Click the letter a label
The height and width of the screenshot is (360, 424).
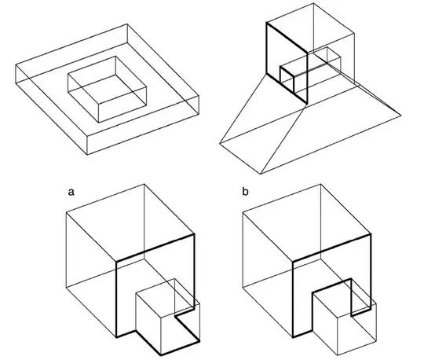point(71,192)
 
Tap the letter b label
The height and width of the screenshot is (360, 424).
point(245,192)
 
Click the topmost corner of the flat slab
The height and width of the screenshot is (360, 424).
point(127,24)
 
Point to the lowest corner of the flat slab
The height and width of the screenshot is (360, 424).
point(87,155)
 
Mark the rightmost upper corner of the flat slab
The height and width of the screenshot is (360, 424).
point(199,96)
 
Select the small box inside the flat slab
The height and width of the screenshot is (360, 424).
point(107,90)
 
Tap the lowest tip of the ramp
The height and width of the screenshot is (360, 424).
point(261,174)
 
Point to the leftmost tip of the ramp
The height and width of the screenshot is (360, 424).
point(220,143)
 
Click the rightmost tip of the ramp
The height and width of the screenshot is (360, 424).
point(401,116)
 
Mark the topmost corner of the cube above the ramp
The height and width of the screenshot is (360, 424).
point(313,3)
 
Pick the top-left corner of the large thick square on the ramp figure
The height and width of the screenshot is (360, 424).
point(267,23)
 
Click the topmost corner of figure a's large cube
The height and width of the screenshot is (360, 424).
point(144,184)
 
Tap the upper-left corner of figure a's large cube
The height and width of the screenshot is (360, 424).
point(66,213)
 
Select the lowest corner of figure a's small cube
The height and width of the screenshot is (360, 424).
point(161,354)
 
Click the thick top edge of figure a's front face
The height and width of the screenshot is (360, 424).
point(155,248)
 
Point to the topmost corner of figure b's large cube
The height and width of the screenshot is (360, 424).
point(320,184)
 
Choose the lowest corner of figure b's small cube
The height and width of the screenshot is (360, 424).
point(338,354)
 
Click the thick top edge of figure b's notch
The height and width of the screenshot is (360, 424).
point(332,285)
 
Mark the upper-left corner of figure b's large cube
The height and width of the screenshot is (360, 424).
point(243,213)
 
